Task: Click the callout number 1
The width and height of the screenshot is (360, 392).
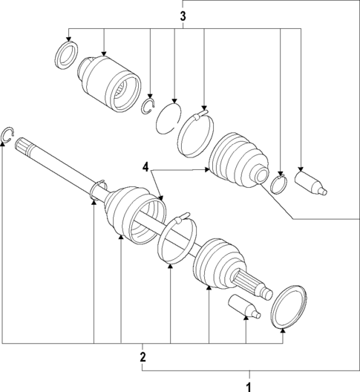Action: [249, 385]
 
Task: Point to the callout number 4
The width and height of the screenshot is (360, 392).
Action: [147, 167]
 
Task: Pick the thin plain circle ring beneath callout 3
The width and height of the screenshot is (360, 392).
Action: [171, 117]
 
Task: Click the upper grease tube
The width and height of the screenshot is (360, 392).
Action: [310, 184]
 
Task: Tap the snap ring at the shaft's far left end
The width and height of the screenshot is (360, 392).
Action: [7, 134]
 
